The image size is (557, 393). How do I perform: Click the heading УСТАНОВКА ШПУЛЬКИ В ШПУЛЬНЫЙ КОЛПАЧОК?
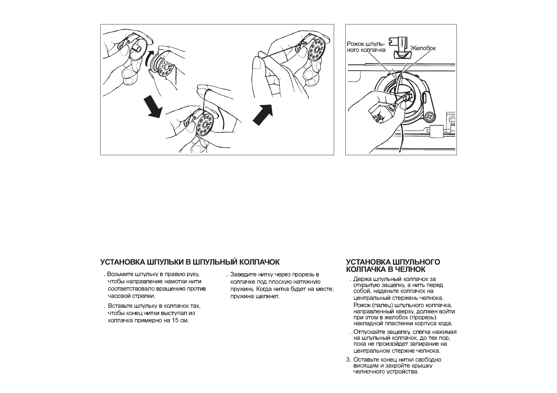click(x=190, y=262)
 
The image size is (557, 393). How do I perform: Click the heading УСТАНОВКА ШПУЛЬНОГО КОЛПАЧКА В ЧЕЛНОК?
click(x=393, y=265)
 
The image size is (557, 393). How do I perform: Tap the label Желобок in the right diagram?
click(x=423, y=48)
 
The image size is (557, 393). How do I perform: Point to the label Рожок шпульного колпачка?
click(x=365, y=47)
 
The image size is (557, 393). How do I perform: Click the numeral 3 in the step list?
click(x=348, y=360)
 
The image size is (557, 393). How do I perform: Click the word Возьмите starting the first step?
click(x=119, y=274)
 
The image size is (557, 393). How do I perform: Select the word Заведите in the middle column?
click(x=242, y=274)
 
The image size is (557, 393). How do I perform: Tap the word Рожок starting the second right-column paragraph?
click(x=361, y=305)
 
